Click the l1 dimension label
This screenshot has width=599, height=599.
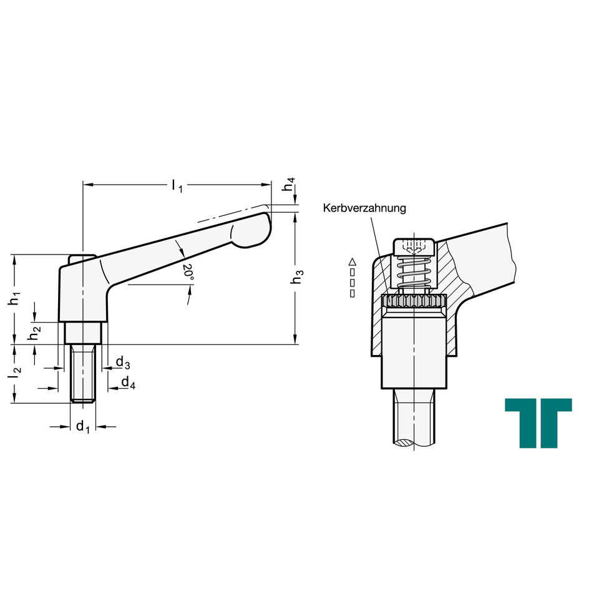coord(177,186)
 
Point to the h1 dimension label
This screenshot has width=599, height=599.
coord(14,298)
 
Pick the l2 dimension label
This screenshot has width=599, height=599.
coord(15,373)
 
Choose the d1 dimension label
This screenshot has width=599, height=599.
coord(82,426)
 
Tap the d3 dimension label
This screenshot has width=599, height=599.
coord(123,363)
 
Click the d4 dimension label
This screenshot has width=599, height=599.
coord(128,382)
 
